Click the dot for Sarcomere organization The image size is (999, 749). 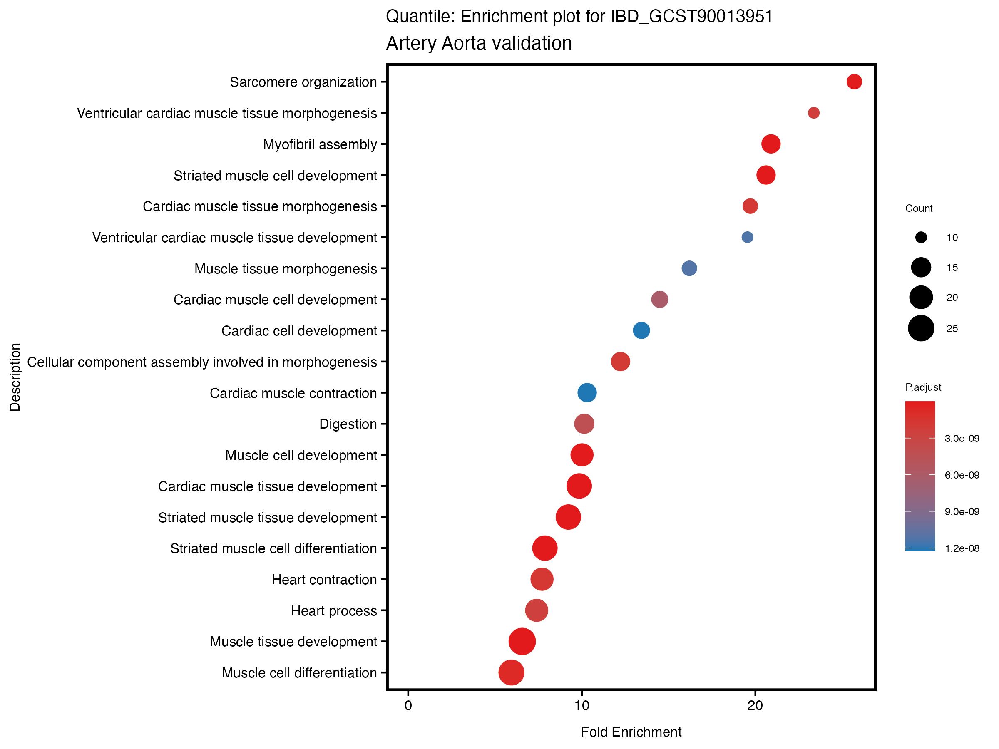click(854, 82)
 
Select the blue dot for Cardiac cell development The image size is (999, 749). click(641, 330)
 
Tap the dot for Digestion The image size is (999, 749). click(584, 424)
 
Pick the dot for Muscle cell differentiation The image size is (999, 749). click(511, 672)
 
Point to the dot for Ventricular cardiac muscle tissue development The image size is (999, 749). click(748, 237)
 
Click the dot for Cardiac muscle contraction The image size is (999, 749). click(586, 393)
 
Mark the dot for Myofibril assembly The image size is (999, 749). click(770, 144)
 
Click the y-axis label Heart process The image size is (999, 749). click(334, 611)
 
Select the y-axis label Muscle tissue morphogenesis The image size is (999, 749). click(286, 269)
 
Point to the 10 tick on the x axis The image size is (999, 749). click(582, 706)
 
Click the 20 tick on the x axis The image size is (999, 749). click(755, 706)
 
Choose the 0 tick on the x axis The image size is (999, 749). click(408, 706)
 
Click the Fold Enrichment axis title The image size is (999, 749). click(631, 732)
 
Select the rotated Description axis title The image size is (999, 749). click(15, 377)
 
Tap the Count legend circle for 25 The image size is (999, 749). click(921, 328)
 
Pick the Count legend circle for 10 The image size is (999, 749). click(921, 238)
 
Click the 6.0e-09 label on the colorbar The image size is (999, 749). click(962, 475)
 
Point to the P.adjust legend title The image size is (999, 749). click(923, 387)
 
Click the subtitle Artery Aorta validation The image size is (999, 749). click(479, 43)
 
